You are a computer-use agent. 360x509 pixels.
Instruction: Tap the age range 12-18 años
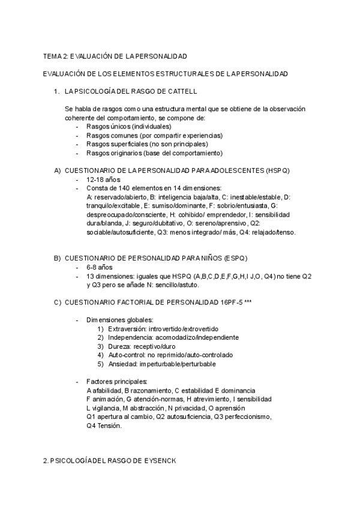pyautogui.click(x=103, y=179)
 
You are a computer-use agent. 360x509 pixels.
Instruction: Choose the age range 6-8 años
pyautogui.click(x=100, y=267)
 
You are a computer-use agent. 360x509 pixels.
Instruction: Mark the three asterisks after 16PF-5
pyautogui.click(x=248, y=302)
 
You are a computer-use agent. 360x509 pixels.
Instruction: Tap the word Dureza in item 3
pyautogui.click(x=119, y=346)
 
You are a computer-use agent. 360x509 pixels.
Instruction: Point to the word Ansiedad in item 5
pyautogui.click(x=122, y=364)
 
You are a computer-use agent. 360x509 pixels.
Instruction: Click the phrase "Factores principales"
pyautogui.click(x=117, y=382)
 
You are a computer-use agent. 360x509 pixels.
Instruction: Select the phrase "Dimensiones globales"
pyautogui.click(x=119, y=320)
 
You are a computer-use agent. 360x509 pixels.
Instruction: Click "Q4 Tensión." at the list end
pyautogui.click(x=104, y=426)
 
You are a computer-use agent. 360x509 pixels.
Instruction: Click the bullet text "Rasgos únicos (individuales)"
pyautogui.click(x=128, y=127)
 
